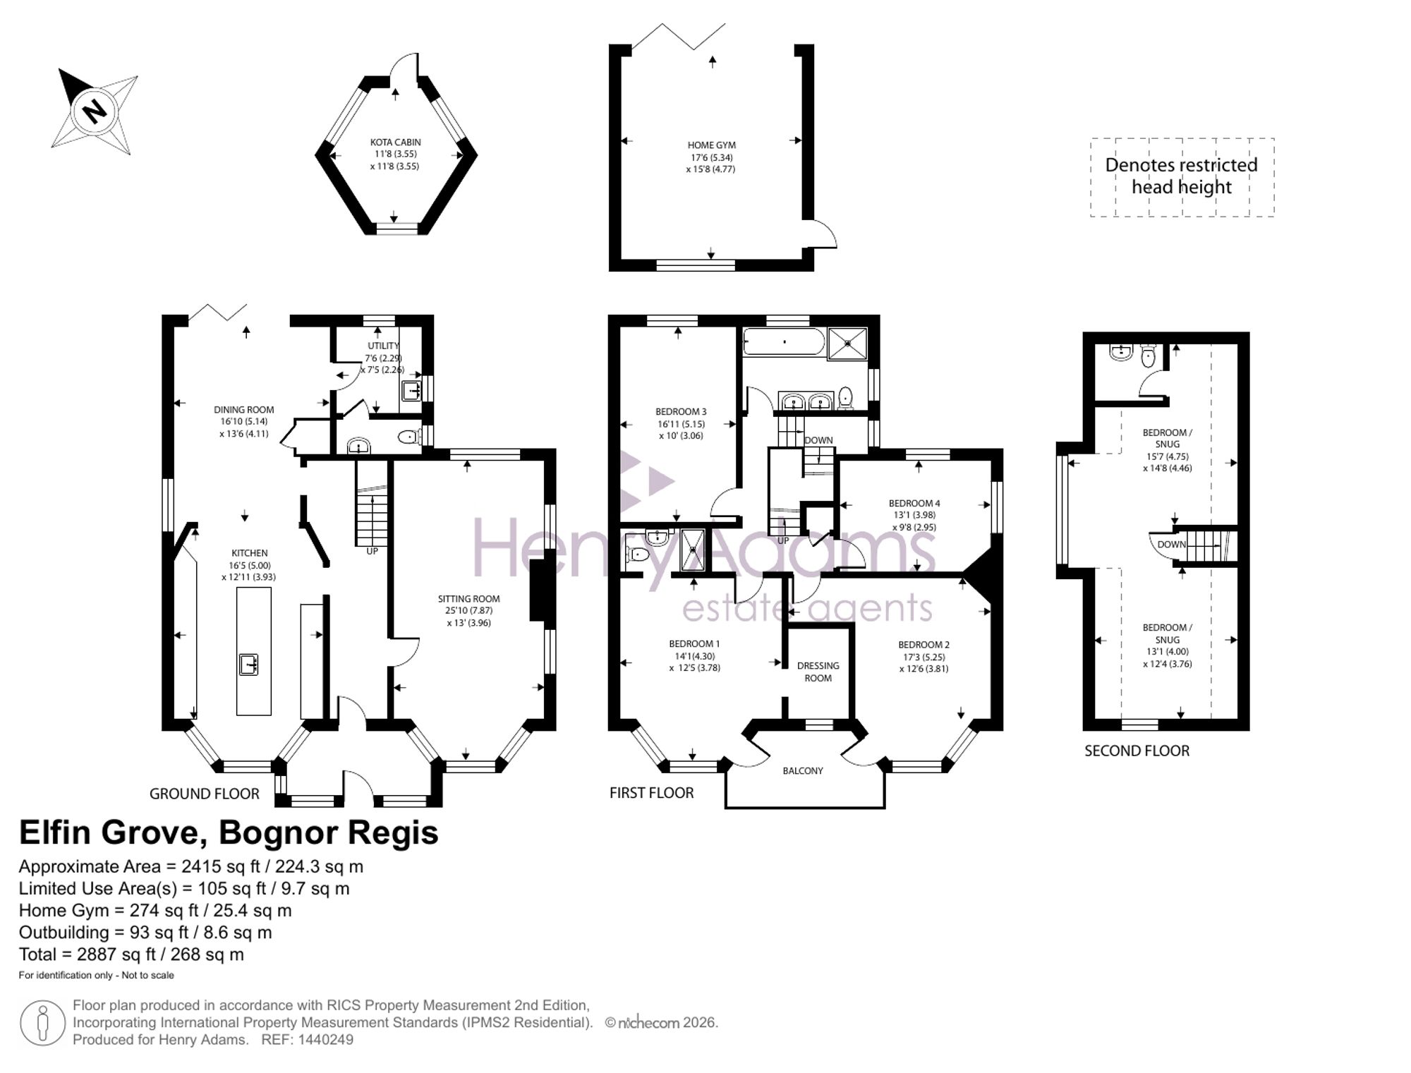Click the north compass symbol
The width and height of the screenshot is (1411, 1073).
95,111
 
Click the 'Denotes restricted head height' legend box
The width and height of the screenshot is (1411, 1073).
1182,176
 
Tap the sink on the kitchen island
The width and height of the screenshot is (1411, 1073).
248,665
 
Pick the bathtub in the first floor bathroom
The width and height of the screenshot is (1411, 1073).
784,341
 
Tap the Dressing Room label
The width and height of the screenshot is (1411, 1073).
818,672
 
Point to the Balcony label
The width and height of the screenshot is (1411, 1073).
803,770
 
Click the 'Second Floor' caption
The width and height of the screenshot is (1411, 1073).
1137,751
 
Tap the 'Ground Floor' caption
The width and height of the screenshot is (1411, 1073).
205,794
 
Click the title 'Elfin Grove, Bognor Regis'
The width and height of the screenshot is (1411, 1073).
229,832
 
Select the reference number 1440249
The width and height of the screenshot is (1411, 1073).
325,1039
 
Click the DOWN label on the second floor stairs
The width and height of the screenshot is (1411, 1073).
1171,544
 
